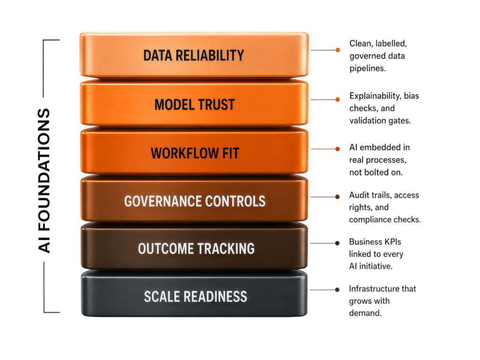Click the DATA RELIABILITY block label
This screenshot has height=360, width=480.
click(x=194, y=55)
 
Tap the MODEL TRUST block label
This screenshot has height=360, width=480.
click(x=195, y=105)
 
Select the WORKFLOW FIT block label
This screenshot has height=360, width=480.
click(x=195, y=153)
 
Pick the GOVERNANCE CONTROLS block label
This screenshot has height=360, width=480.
click(x=195, y=201)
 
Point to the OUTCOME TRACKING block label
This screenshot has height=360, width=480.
click(x=196, y=248)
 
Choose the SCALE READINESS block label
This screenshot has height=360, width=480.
click(x=195, y=296)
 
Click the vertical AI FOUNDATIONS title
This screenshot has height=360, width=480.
click(x=44, y=180)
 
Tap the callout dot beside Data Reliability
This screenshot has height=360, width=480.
click(x=337, y=50)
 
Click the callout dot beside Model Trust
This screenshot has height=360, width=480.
click(x=337, y=99)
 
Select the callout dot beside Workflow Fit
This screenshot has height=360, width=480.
click(x=337, y=149)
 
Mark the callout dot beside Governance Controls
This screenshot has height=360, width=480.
click(x=337, y=197)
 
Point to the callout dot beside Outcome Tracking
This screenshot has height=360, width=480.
click(x=337, y=243)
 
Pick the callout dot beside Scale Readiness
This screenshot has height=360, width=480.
click(x=337, y=290)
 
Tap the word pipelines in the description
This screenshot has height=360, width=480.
click(x=367, y=68)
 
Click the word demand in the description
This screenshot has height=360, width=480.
click(x=365, y=313)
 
